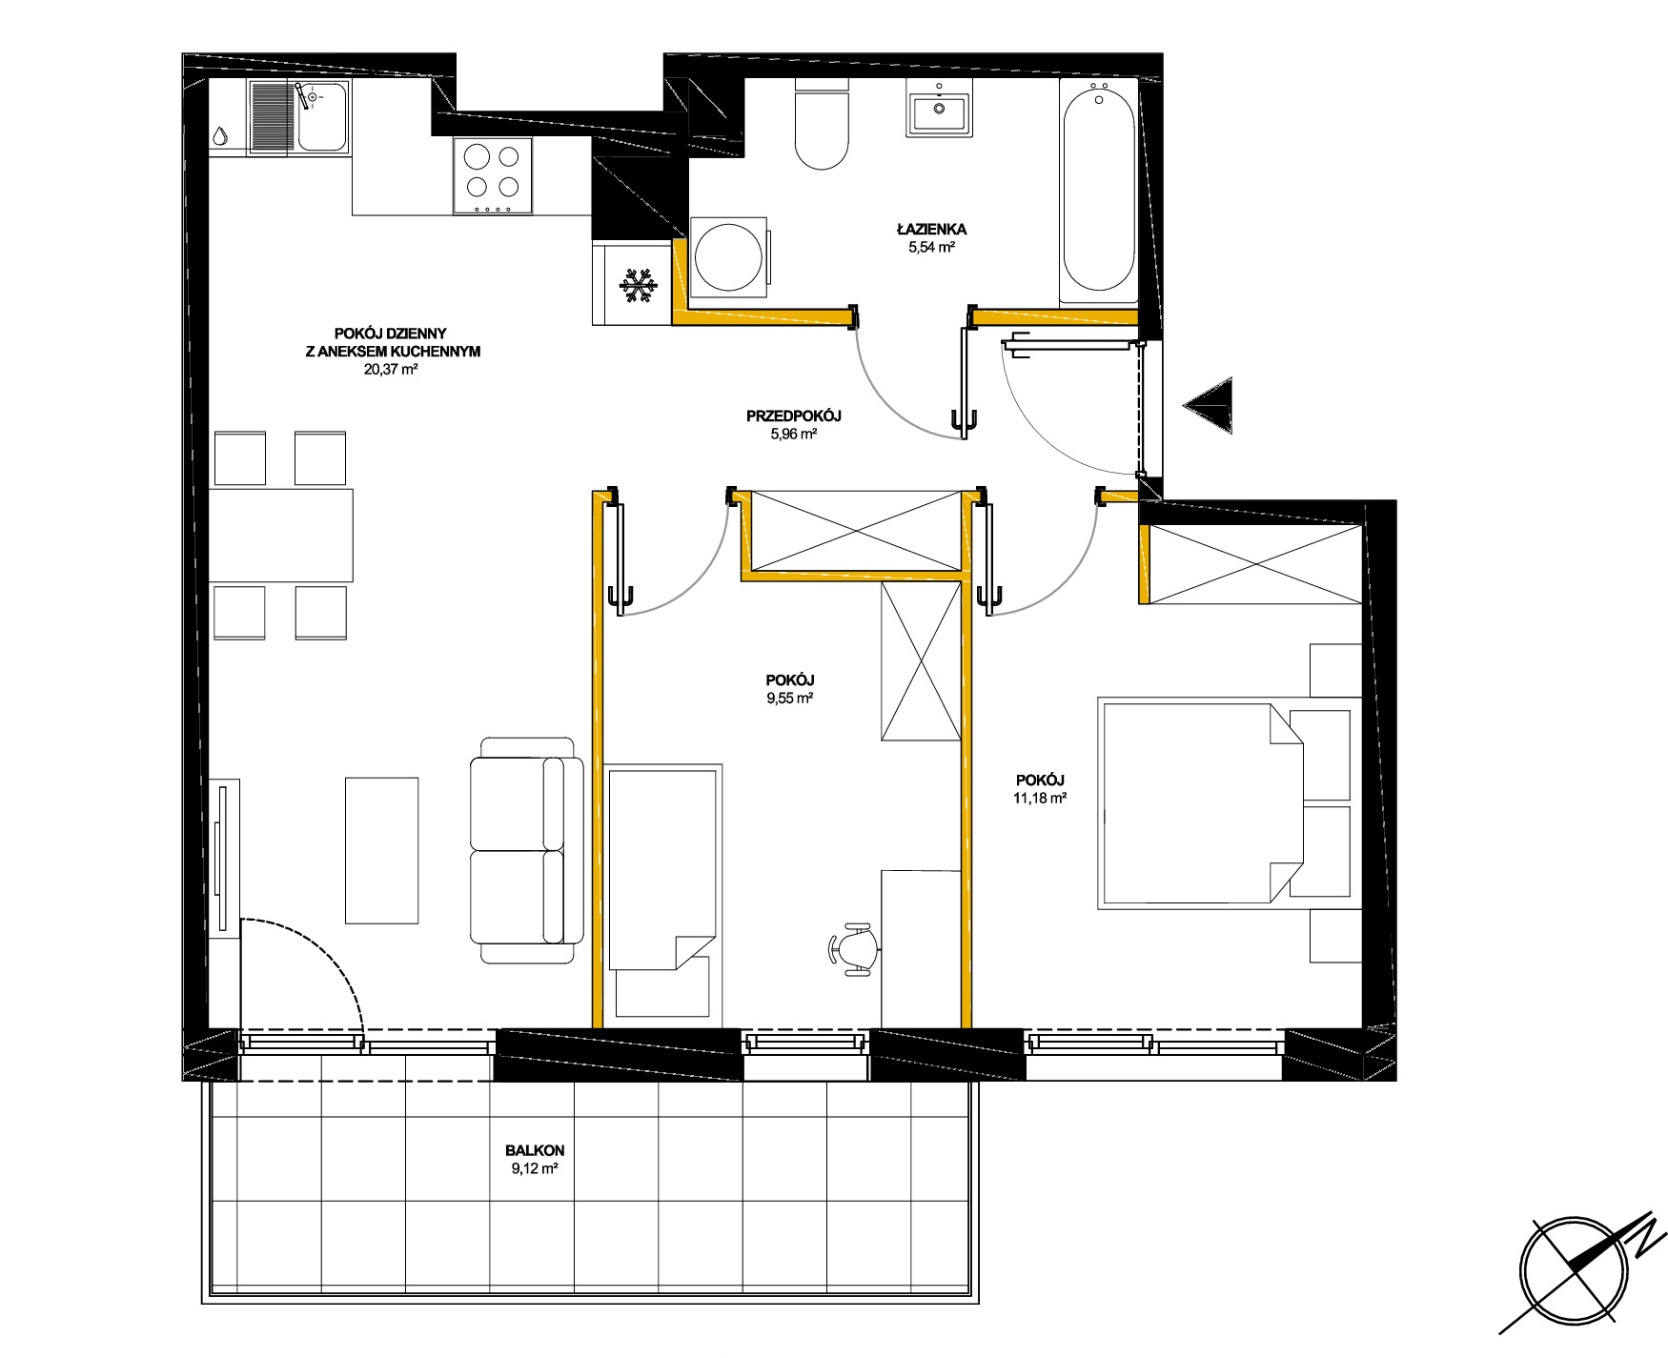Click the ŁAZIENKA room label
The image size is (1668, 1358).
point(931,229)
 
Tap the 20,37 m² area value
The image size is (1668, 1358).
point(391,370)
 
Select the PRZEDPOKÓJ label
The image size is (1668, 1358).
point(794,416)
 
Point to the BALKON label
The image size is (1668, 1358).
point(535,1150)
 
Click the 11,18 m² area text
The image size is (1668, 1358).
point(1040,799)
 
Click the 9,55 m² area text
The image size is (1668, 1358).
point(790,698)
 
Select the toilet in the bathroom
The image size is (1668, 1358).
point(822,124)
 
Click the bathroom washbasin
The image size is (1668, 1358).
point(940,113)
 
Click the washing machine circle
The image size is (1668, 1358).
point(728,257)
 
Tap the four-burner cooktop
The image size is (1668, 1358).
point(493,176)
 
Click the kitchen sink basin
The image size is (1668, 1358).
point(322,116)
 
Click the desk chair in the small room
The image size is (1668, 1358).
point(854,949)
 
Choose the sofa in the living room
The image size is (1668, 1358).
point(527,850)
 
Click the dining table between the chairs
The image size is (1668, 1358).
point(280,536)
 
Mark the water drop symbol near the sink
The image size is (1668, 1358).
point(220,137)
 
